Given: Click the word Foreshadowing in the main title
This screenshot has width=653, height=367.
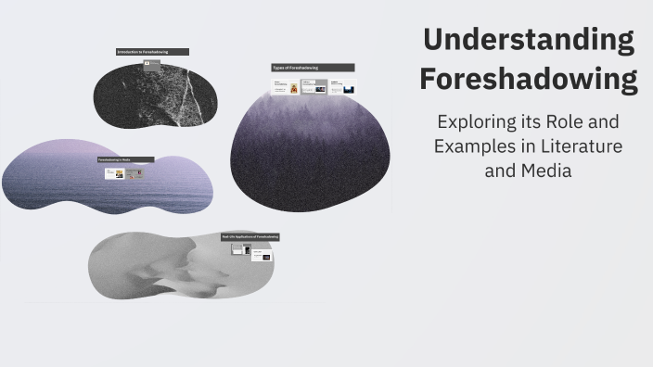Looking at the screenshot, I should tap(529, 79).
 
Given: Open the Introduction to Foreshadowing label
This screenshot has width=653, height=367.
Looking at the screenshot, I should tap(152, 52).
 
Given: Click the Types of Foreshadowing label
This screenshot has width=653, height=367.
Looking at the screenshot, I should tap(313, 68).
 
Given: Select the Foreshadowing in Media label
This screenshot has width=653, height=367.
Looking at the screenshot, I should tap(126, 159).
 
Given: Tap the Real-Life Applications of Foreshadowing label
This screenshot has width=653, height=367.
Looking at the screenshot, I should tap(250, 237).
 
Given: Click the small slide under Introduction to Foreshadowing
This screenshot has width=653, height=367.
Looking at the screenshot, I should tap(152, 63).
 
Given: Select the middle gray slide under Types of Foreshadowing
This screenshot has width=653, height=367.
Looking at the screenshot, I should tap(314, 87).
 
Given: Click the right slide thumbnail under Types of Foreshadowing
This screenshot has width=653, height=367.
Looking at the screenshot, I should tap(342, 87).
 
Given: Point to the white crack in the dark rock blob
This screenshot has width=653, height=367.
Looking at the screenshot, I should tap(189, 93).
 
